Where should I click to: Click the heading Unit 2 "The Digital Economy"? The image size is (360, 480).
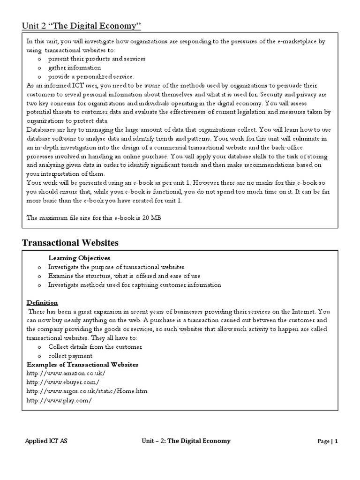(82, 25)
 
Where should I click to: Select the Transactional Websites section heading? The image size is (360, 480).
(70, 242)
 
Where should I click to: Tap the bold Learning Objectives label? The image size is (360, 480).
(79, 258)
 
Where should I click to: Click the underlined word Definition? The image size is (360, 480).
(42, 302)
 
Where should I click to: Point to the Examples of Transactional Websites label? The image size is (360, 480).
(82, 364)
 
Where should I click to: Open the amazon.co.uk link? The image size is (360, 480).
(66, 373)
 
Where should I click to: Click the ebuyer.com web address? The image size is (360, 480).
(63, 382)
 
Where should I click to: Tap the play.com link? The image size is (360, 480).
(59, 400)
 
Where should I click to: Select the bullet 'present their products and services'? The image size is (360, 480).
(97, 59)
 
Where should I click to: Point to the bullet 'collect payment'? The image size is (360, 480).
(70, 355)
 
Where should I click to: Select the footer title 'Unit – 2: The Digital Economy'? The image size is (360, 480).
(186, 441)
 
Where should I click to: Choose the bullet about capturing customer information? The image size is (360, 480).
(134, 285)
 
